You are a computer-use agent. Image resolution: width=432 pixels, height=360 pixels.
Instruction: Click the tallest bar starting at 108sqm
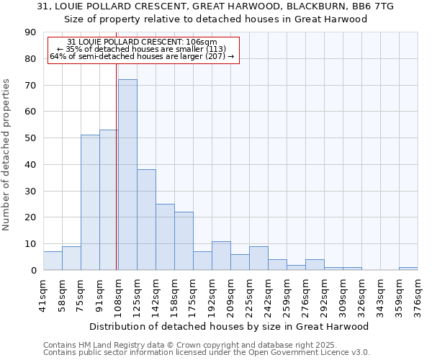point(127,175)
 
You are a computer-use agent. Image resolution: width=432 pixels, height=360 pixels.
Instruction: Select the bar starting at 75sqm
point(90,202)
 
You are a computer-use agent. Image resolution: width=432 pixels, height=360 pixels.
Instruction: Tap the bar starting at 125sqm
point(146,220)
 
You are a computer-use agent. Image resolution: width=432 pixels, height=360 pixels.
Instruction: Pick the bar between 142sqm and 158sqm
point(165,237)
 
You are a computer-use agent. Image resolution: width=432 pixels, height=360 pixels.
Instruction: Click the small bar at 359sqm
point(408,269)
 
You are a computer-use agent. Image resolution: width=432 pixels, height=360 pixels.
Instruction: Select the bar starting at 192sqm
point(221,256)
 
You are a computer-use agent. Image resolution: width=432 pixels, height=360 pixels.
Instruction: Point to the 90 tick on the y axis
point(30,32)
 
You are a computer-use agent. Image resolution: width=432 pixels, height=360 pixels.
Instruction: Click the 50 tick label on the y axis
point(30,138)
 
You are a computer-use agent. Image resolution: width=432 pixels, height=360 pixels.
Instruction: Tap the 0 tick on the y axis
point(33,271)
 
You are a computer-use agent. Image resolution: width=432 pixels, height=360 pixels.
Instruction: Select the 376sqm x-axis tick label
point(418,295)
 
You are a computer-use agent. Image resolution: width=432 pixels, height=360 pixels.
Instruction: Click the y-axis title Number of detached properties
point(7,155)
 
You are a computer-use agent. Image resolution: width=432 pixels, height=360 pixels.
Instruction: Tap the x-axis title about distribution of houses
point(230,326)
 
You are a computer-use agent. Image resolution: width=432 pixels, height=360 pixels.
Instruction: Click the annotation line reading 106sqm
point(142,42)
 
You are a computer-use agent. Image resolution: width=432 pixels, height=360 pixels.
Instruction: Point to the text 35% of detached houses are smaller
point(142,49)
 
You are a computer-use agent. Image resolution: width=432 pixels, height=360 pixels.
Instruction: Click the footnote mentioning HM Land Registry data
point(190,345)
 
